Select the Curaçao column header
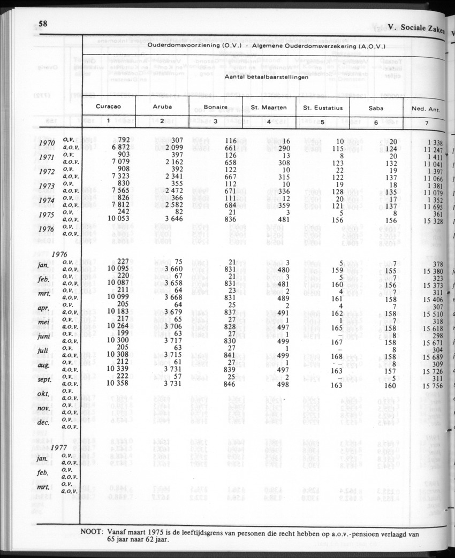[x=108, y=107]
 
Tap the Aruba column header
[x=162, y=107]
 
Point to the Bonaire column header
[x=215, y=107]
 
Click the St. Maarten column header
[x=269, y=108]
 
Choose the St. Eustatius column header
[x=322, y=108]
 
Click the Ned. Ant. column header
[x=426, y=109]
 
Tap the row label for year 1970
[x=47, y=144]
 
